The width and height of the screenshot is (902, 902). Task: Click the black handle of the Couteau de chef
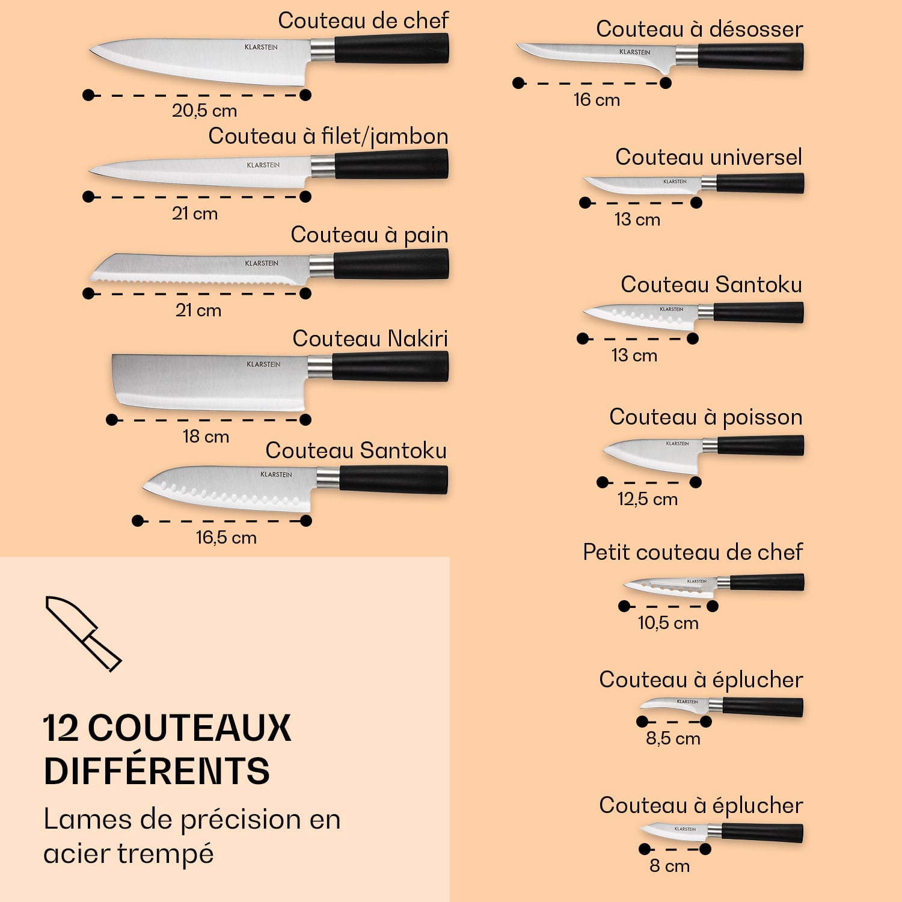coord(391,49)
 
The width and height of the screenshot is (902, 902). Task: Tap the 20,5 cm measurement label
coord(204,111)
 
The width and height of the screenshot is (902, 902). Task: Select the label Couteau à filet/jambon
coord(328,137)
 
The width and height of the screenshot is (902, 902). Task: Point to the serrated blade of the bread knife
coord(200,268)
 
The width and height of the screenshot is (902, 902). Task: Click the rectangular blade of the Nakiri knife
coord(209,382)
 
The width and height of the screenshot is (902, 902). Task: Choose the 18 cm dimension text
coord(206,437)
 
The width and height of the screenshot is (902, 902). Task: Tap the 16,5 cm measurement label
coord(226,538)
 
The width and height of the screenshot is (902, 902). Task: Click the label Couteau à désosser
coord(699,29)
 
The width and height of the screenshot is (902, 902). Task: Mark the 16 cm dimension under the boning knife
coord(597,100)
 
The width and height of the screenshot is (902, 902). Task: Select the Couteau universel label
coord(708,157)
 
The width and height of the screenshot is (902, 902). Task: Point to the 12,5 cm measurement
coord(648,499)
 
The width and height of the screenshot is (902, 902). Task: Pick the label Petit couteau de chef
coord(693,552)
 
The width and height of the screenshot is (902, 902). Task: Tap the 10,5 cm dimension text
coord(668,623)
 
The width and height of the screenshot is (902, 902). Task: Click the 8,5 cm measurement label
coord(673,738)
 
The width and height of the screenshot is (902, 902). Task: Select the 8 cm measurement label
coord(669,866)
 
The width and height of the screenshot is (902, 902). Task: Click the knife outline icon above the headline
coord(84,634)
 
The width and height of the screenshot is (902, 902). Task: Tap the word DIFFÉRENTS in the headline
coord(157,772)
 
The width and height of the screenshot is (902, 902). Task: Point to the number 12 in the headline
coord(61,728)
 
